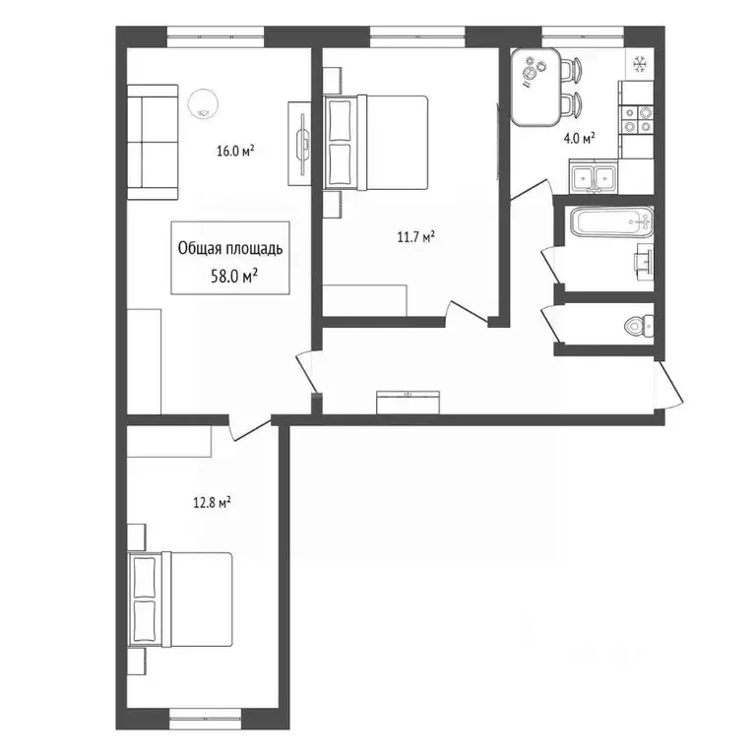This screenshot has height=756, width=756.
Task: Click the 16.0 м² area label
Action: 235,151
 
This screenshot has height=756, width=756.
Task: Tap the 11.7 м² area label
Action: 416,236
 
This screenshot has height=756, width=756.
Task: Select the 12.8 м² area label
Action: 212,503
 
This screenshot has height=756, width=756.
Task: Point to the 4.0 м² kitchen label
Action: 579,139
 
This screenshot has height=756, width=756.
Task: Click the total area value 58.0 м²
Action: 234,277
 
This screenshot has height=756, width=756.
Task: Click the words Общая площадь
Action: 230,248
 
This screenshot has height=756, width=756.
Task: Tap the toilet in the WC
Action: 639,326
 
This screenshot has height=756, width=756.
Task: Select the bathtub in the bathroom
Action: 612,221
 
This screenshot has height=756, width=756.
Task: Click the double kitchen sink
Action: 593,177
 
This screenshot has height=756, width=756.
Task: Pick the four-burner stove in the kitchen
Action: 637,119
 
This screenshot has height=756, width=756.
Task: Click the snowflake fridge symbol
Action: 640,64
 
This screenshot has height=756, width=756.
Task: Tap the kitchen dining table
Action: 535,87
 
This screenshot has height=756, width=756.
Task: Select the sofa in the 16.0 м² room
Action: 153,142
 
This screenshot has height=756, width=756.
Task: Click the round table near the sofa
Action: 203,104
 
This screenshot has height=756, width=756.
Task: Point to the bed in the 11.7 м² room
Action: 375,142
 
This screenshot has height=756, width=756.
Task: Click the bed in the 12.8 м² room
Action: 180,599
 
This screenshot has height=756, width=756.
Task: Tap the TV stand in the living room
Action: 300,144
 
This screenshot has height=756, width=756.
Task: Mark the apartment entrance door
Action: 669,384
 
